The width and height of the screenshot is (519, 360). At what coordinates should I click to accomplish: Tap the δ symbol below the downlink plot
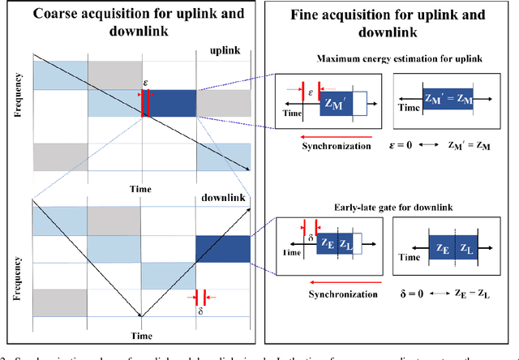tap(199, 310)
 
